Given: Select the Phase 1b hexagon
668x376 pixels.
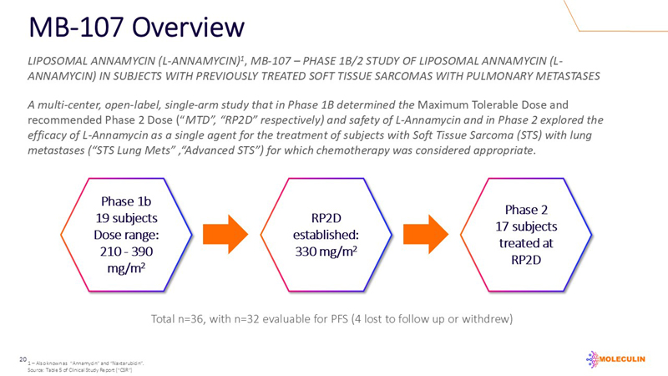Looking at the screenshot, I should coord(125,234).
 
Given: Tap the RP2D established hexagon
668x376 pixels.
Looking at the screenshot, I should coord(333,234).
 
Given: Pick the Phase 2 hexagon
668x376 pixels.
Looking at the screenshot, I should coord(542,234).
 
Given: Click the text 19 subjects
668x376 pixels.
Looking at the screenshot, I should coord(125,217).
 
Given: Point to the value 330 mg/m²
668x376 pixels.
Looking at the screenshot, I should coord(333,251).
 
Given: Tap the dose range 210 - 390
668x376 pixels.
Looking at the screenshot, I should coord(125,251).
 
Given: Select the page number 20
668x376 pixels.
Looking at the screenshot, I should coord(23,359).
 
